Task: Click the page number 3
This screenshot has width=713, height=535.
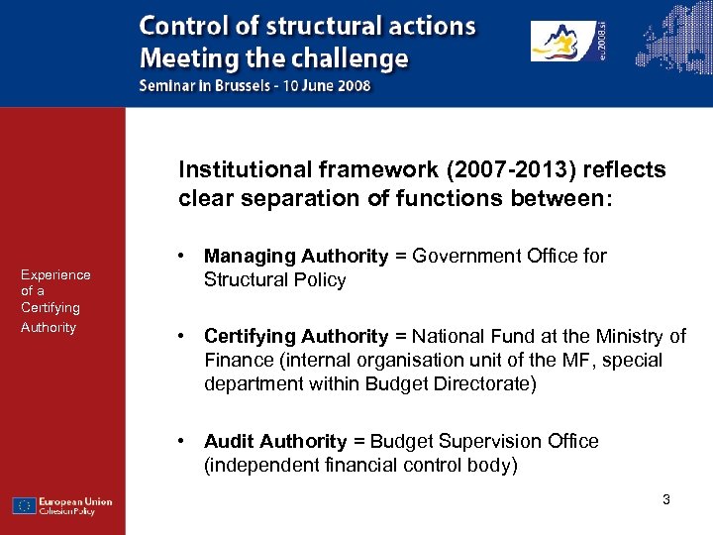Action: tap(666, 499)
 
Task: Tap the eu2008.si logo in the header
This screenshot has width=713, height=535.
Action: tap(568, 43)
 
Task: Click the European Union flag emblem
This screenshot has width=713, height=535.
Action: tap(25, 505)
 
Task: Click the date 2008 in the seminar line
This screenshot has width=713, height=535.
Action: tap(354, 86)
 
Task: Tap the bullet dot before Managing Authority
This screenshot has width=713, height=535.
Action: tap(184, 256)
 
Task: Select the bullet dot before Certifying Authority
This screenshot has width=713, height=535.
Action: tap(184, 337)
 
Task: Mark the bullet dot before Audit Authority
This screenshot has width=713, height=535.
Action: tap(184, 441)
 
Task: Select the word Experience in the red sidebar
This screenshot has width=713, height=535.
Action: tap(55, 274)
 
